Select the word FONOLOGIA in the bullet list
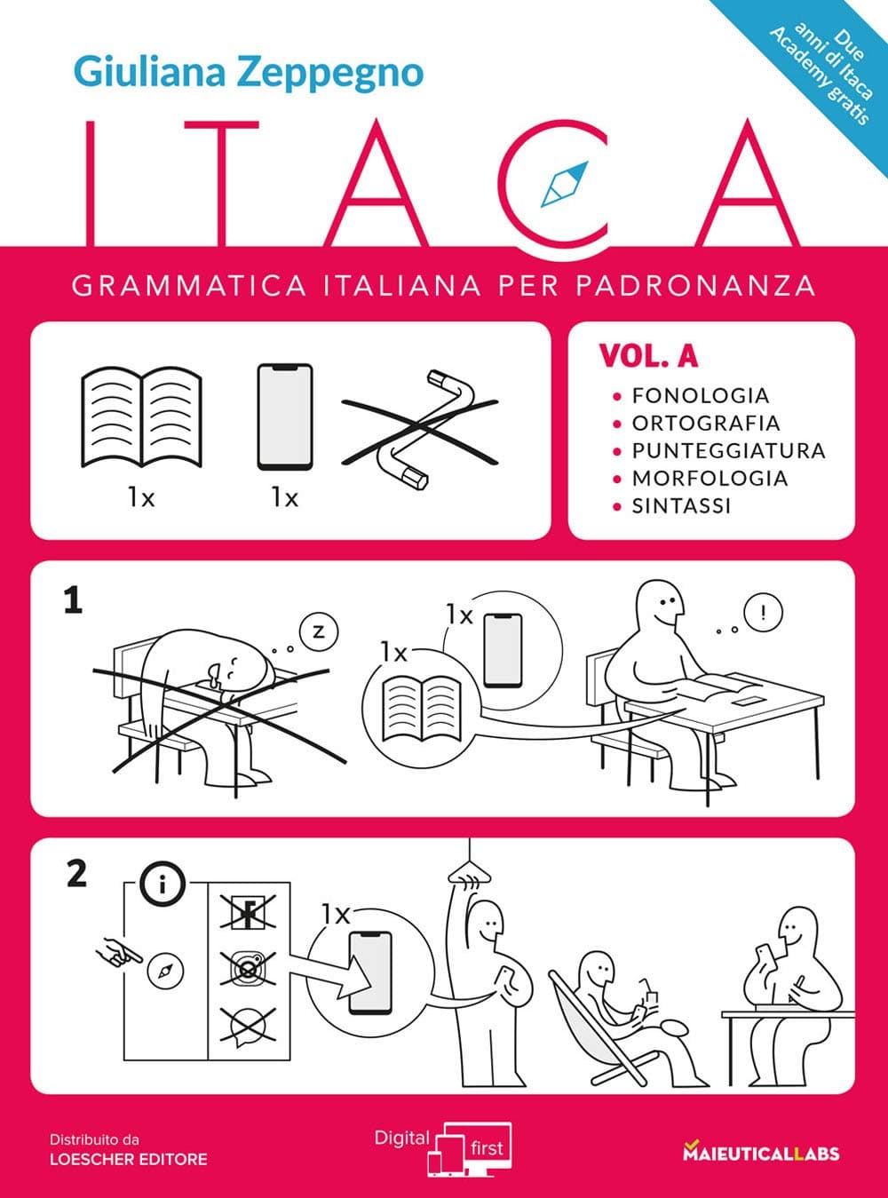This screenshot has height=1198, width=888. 700,395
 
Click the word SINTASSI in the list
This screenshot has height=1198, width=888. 681,505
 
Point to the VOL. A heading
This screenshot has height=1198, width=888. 648,356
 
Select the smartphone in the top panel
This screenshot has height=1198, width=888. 285,417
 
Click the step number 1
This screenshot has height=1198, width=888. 73,602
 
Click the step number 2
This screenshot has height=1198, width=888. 76,875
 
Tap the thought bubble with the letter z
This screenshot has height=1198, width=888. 320,632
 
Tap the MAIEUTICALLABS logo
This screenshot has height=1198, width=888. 760,1154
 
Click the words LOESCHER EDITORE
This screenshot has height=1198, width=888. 128,1159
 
